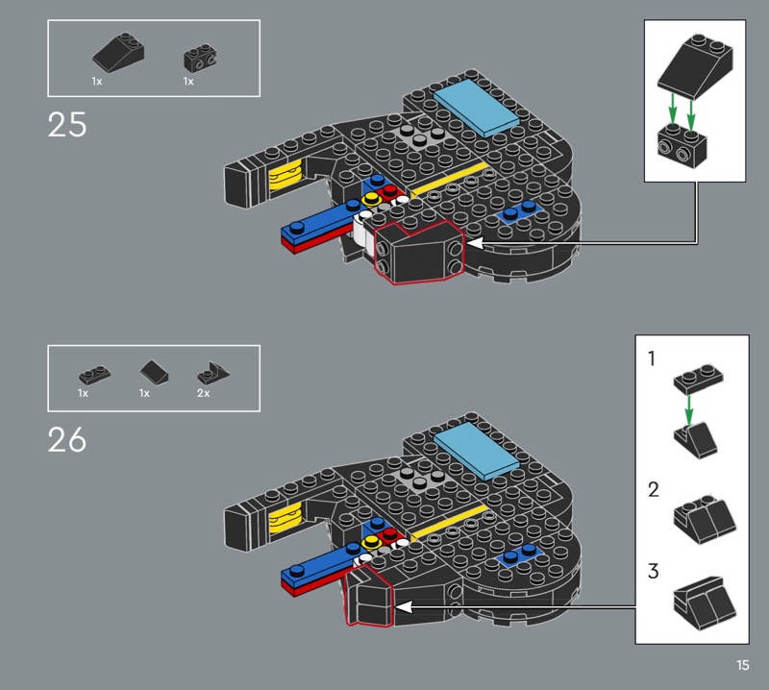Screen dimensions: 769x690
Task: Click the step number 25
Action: click(x=67, y=125)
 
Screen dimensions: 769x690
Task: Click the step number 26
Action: click(x=67, y=439)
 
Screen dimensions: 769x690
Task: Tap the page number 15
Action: click(x=742, y=665)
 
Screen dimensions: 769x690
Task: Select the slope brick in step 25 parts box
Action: click(x=118, y=52)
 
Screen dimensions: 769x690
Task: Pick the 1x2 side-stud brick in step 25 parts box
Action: click(x=200, y=59)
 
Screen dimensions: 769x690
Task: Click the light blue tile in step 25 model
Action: click(x=476, y=108)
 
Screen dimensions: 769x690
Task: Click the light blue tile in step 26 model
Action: click(x=476, y=451)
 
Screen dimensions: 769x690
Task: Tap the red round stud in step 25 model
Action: click(x=390, y=190)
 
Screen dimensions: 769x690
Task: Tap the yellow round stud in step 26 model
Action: click(x=371, y=541)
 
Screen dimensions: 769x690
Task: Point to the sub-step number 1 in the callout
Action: click(x=652, y=358)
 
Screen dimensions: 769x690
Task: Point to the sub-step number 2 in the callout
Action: click(x=654, y=489)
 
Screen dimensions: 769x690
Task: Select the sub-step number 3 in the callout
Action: click(x=654, y=572)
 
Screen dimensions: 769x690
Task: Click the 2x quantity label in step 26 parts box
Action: click(x=204, y=393)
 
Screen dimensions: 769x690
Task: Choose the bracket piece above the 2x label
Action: click(x=212, y=373)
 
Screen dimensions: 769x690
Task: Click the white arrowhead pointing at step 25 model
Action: click(x=475, y=243)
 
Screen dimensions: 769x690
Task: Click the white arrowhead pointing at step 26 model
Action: click(x=404, y=607)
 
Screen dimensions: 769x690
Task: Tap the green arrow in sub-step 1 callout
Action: click(x=689, y=410)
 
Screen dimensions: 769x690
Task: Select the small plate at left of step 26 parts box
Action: click(x=94, y=375)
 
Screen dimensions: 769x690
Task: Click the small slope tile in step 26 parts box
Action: click(x=154, y=372)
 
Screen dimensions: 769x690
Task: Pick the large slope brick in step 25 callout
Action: click(x=695, y=66)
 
